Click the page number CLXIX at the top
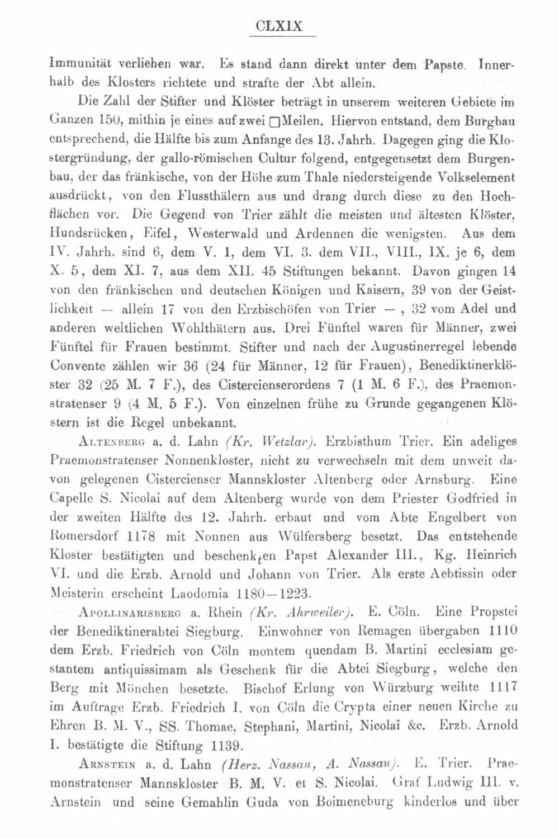tap(282, 26)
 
